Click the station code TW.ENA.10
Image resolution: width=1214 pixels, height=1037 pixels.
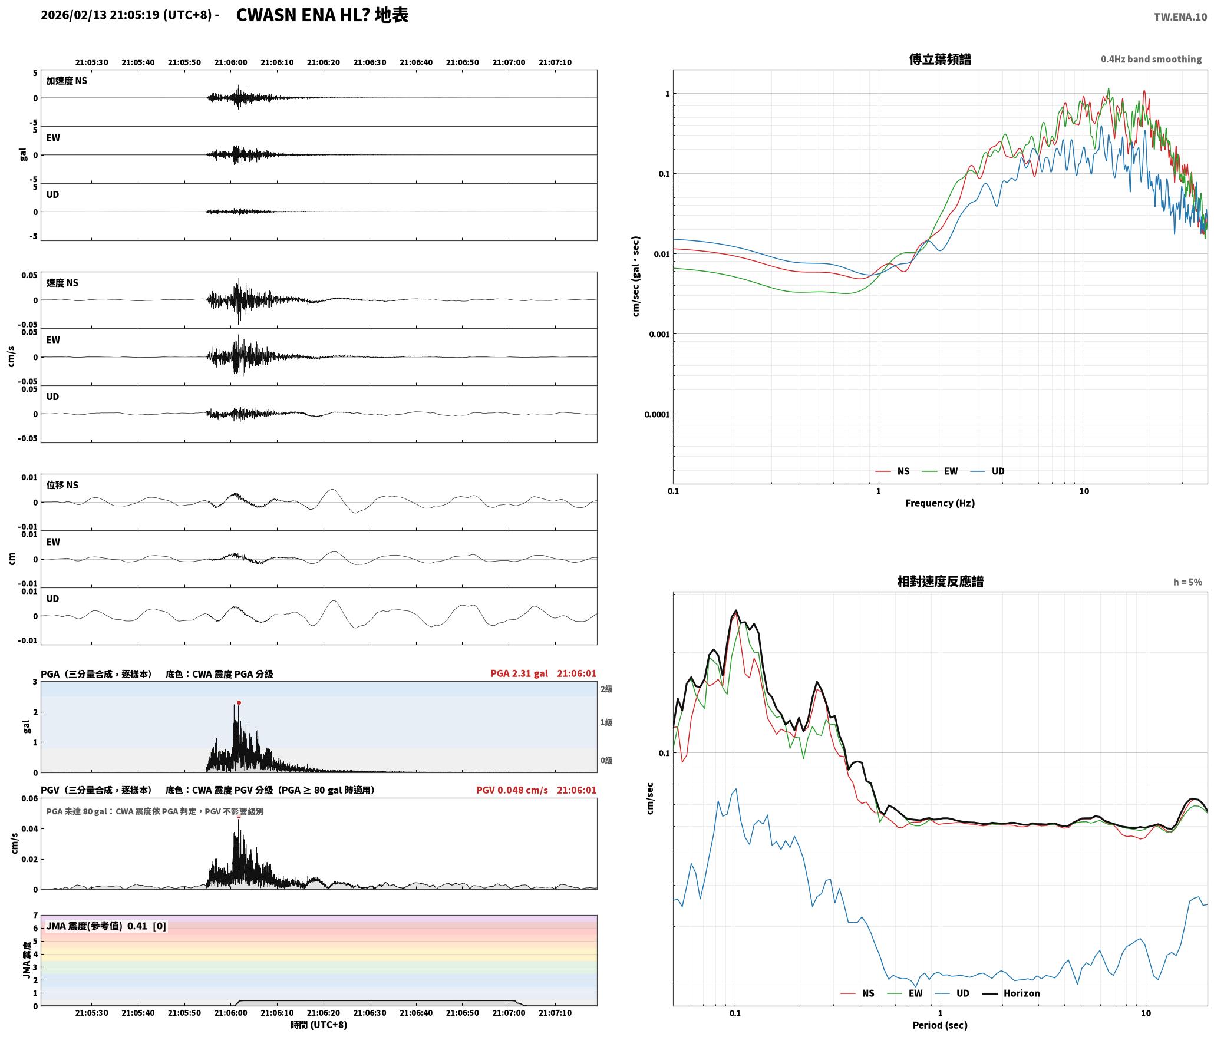point(1180,17)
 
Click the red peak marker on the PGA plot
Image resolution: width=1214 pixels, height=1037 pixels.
point(239,702)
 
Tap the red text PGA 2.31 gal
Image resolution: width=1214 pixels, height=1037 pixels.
point(519,673)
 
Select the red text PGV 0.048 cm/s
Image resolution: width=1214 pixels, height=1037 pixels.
point(512,790)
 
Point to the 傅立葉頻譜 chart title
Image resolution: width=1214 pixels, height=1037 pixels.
point(940,60)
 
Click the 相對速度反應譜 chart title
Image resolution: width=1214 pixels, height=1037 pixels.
point(940,582)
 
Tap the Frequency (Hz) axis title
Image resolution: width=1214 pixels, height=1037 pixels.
point(940,503)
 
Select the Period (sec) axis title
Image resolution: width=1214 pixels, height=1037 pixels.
point(940,1025)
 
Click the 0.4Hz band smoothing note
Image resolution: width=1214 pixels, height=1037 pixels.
point(1151,59)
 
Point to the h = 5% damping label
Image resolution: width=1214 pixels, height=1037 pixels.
point(1187,582)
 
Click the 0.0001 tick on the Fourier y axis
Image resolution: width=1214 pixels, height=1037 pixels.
point(657,414)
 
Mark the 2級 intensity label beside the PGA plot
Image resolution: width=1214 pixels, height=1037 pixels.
point(606,689)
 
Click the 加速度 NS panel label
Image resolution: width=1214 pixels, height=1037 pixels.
point(67,81)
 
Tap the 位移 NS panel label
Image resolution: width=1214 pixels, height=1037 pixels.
point(62,485)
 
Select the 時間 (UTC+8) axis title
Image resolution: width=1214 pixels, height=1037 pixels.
point(318,1025)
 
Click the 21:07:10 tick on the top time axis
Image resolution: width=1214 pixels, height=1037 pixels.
point(555,62)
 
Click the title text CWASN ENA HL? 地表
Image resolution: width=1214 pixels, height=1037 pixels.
point(322,15)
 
